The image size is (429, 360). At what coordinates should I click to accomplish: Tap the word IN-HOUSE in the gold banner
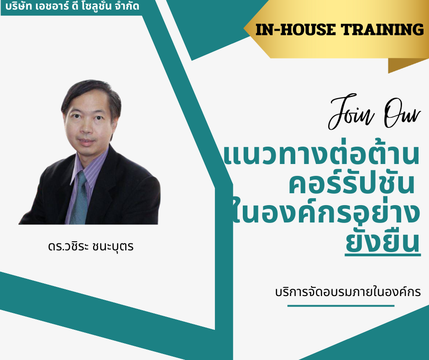[x=295, y=30]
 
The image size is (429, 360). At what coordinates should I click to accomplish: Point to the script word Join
[x=351, y=112]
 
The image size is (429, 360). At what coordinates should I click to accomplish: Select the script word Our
[x=402, y=113]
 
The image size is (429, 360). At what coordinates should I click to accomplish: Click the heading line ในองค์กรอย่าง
[x=325, y=212]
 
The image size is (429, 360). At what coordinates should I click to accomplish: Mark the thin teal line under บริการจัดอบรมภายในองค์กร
[x=340, y=306]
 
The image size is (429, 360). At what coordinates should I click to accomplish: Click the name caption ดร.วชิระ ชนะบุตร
[x=90, y=246]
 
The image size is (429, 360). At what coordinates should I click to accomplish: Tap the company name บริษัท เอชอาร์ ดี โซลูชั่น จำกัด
[x=72, y=5]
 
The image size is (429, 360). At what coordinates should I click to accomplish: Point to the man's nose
[x=87, y=128]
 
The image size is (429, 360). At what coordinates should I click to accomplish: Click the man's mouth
[x=86, y=142]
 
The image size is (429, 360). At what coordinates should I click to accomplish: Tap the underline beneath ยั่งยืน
[x=382, y=255]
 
